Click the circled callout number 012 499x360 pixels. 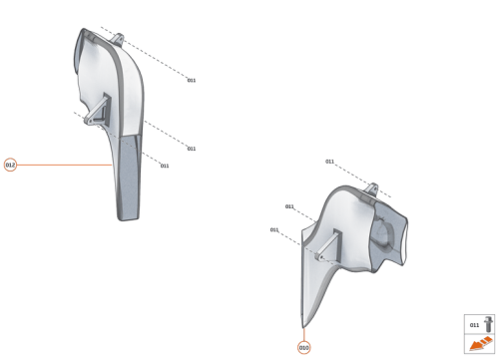tap(10, 165)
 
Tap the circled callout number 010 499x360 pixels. tap(303, 348)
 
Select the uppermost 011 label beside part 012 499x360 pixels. tap(192, 80)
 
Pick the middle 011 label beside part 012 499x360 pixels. tap(191, 149)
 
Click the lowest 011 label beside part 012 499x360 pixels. tap(164, 166)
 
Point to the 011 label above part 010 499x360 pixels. tap(329, 161)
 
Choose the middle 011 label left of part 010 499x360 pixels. tap(289, 206)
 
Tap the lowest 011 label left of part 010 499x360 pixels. tap(274, 230)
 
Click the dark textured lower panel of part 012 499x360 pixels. tap(130, 175)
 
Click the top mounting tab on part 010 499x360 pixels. tap(375, 186)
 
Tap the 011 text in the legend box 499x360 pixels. tap(473, 325)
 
